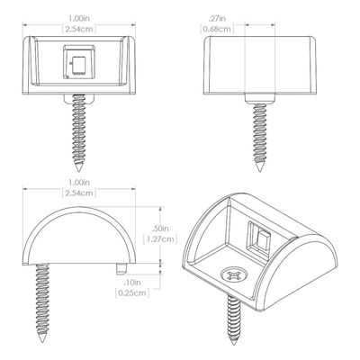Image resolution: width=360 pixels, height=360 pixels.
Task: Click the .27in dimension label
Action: tap(217, 19)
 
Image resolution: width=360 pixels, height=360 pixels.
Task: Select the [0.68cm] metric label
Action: tap(217, 29)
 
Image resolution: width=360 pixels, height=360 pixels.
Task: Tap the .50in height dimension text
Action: tap(160, 229)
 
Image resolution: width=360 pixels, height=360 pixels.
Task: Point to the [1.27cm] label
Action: tap(160, 239)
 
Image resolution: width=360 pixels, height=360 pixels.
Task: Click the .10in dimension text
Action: tap(132, 283)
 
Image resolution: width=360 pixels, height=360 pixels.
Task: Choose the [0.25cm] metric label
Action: tap(132, 292)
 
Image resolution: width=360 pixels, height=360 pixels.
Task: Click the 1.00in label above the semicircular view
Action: tap(79, 183)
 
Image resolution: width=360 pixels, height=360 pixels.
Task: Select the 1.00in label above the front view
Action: tap(79, 19)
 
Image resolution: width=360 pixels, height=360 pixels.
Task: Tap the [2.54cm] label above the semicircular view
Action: tap(79, 193)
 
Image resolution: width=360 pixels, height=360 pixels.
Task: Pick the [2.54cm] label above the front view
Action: tap(79, 29)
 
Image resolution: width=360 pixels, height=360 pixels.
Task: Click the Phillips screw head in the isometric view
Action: tap(234, 274)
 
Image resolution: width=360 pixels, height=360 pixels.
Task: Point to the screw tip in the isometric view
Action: tap(235, 343)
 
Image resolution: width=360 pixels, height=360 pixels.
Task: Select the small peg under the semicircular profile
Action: tap(121, 269)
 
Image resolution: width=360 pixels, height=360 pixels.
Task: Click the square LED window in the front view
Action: tap(79, 62)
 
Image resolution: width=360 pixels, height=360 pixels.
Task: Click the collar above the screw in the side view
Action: tap(260, 99)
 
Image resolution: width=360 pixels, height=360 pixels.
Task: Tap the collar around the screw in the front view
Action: tap(79, 98)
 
